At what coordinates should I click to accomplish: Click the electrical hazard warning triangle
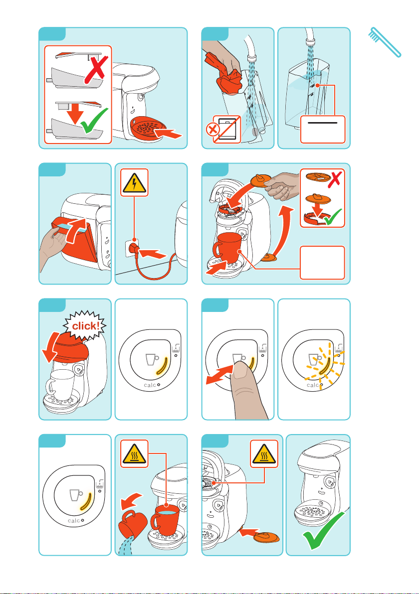(134, 182)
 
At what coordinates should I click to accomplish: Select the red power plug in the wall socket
(133, 249)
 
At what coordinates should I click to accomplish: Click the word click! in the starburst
(86, 326)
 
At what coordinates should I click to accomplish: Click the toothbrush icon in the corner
(385, 42)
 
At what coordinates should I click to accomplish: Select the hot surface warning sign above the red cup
(134, 454)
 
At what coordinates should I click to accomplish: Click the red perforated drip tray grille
(148, 129)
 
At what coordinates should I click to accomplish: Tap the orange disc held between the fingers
(260, 181)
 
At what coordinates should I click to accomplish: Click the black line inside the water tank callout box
(322, 123)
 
